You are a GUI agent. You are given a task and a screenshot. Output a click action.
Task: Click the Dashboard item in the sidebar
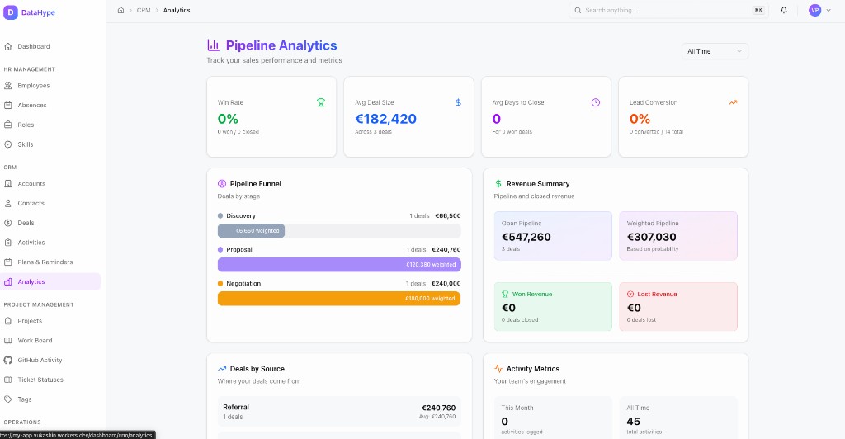[33, 46]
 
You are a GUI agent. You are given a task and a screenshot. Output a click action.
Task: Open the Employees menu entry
[33, 86]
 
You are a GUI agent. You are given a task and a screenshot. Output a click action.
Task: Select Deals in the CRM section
[26, 223]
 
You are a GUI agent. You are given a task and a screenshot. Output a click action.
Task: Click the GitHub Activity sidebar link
[40, 361]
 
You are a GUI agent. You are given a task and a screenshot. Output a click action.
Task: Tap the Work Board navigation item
[35, 341]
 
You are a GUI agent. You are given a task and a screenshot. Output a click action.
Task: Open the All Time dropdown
[715, 51]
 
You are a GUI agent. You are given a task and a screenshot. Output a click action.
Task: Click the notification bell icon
[784, 10]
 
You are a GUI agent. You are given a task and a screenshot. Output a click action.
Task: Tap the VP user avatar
[814, 10]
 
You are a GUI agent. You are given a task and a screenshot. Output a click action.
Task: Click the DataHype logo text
[38, 12]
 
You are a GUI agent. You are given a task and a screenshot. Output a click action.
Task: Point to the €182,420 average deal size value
[385, 119]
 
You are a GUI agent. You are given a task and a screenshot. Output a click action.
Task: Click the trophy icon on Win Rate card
[321, 102]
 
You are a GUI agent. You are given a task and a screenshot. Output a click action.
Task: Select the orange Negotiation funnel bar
[339, 299]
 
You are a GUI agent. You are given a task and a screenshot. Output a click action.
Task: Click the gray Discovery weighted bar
[251, 231]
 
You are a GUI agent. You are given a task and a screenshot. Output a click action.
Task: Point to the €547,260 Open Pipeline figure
[526, 237]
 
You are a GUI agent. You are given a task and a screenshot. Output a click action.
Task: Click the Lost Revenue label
[657, 294]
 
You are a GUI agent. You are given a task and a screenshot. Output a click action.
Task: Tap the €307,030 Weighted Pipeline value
[651, 237]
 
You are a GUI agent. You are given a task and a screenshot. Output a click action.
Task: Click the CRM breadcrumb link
[144, 10]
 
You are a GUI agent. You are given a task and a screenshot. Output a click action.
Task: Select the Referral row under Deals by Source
[338, 411]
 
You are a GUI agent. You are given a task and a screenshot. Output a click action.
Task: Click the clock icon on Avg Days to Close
[596, 102]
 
